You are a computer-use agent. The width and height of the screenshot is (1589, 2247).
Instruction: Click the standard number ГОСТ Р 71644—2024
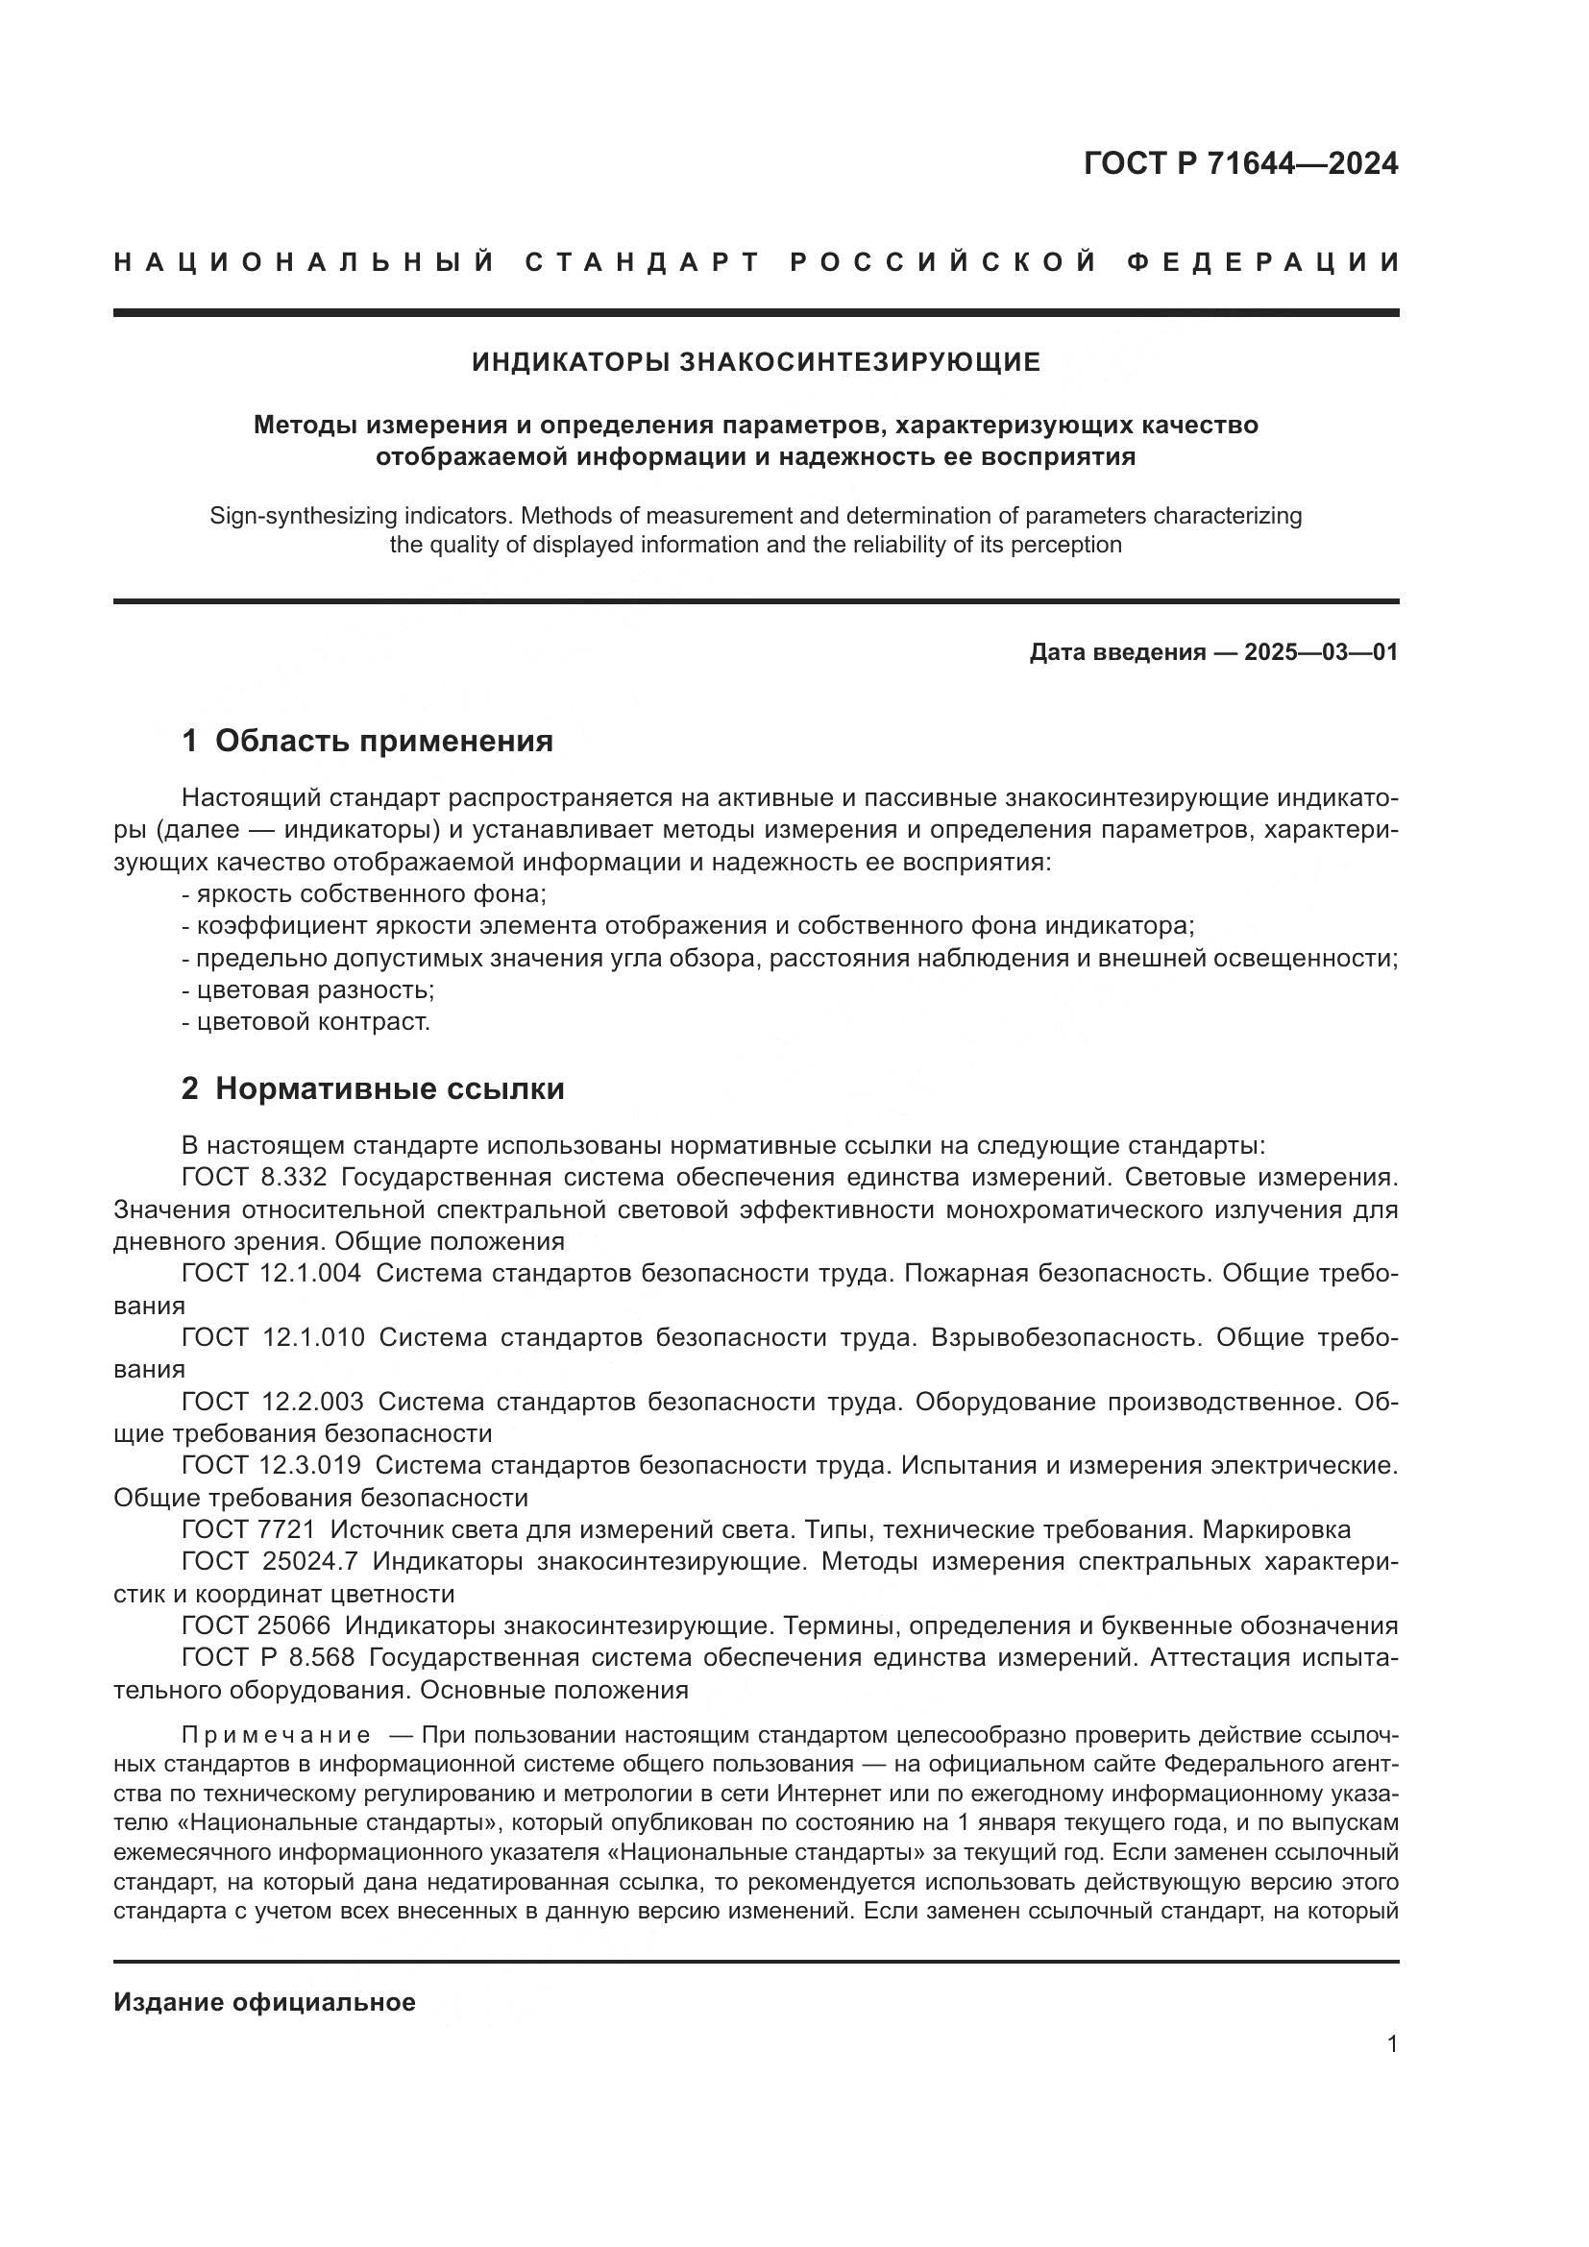click(1240, 163)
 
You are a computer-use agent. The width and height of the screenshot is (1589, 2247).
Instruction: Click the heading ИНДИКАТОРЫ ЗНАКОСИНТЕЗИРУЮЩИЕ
click(756, 362)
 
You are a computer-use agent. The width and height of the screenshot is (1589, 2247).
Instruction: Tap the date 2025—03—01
click(1321, 651)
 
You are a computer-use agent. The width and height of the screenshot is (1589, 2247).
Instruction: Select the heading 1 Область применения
click(367, 741)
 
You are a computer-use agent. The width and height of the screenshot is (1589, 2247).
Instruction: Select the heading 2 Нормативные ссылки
click(373, 1088)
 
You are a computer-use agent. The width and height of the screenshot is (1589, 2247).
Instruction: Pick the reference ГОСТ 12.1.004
click(271, 1273)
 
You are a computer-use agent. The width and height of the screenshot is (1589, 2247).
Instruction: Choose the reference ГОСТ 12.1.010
click(273, 1337)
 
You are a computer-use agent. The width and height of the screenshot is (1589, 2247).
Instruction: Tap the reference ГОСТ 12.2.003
click(272, 1402)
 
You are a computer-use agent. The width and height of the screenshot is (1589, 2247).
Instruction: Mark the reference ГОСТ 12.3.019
click(271, 1465)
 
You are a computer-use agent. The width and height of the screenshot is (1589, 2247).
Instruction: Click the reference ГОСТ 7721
click(249, 1529)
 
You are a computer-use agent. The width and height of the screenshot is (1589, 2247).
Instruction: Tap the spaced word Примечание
click(276, 1735)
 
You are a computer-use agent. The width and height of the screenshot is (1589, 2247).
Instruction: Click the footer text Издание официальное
click(264, 2002)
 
